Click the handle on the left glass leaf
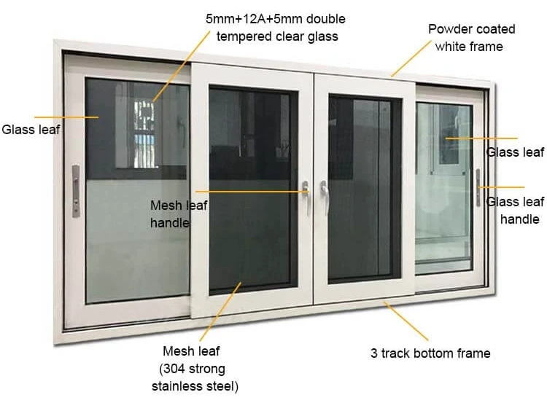coord(76,191)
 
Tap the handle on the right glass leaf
coord(478,188)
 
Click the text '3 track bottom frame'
coord(430,353)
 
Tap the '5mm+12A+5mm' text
coord(275,18)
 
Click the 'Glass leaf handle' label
coord(515,210)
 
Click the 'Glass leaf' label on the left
coord(31,130)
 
